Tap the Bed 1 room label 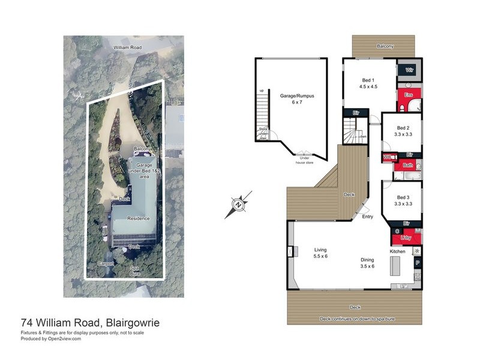point(368,83)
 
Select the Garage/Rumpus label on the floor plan point(296,98)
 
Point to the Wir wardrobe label point(410,70)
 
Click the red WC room point(388,157)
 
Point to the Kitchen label point(398,251)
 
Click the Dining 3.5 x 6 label point(367,263)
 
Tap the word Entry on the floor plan point(368,217)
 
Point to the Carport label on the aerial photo point(106,263)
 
